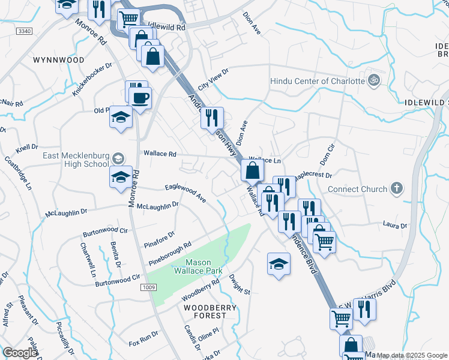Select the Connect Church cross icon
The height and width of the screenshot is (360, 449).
396,189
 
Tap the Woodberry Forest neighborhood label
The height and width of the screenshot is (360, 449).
211,308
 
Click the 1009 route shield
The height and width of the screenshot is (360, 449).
148,288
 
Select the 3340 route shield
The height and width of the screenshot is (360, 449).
25,31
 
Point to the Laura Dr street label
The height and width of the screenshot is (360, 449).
395,226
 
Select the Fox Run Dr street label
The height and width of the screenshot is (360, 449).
143,338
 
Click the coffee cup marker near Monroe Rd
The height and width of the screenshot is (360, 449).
140,98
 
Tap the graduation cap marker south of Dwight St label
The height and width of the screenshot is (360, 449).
279,264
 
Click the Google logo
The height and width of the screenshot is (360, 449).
20,353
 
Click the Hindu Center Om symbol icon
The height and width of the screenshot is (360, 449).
373,80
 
